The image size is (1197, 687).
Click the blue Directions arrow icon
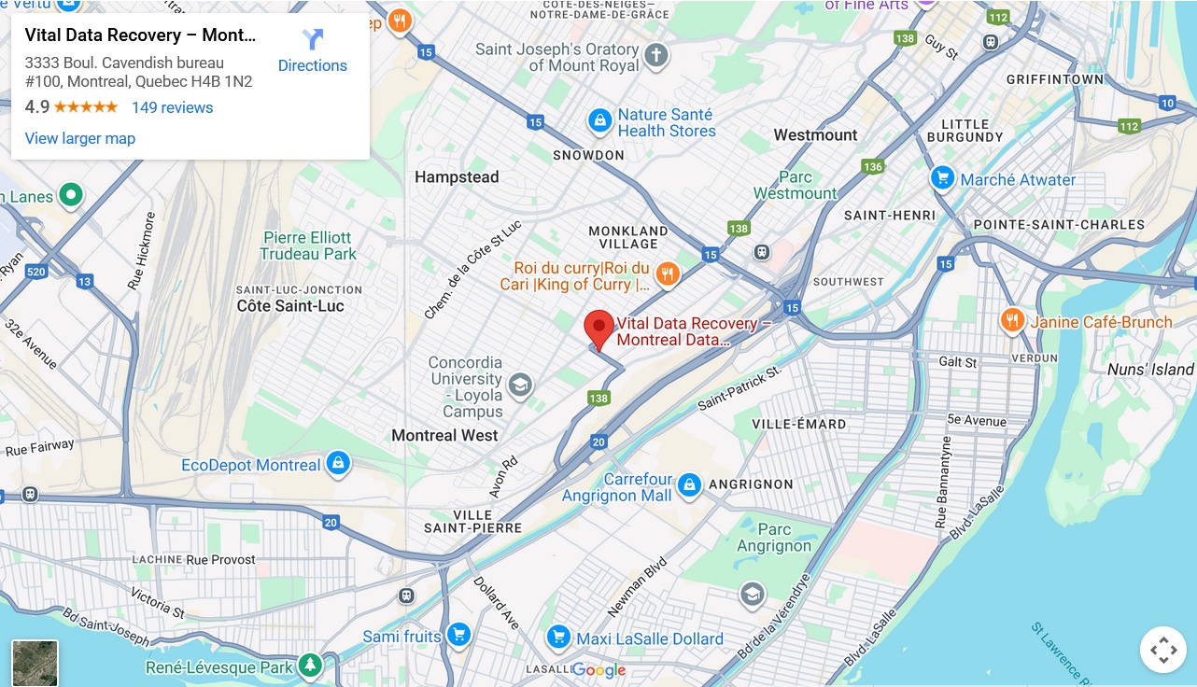click(x=313, y=39)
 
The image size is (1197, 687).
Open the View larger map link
click(x=80, y=138)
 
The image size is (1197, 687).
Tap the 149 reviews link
click(x=172, y=107)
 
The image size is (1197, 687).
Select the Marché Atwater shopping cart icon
click(x=943, y=178)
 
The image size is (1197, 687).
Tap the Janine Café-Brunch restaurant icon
click(x=1012, y=321)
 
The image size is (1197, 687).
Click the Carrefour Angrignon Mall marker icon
click(x=689, y=484)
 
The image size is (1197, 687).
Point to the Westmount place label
click(x=815, y=135)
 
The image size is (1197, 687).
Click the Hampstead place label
click(x=457, y=177)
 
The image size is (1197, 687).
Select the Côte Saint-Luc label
click(x=290, y=306)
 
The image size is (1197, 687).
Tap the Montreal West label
click(x=444, y=435)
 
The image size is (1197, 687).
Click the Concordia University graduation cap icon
click(x=519, y=384)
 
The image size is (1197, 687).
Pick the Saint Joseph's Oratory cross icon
click(x=656, y=55)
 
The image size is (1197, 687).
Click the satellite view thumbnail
click(x=35, y=663)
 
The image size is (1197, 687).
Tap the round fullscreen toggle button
click(x=1162, y=650)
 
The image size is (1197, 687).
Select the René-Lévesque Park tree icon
click(x=310, y=666)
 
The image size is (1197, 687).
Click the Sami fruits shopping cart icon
click(x=458, y=636)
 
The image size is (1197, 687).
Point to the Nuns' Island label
click(x=1150, y=370)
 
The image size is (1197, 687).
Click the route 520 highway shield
click(x=36, y=272)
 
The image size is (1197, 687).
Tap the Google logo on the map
click(x=598, y=670)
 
